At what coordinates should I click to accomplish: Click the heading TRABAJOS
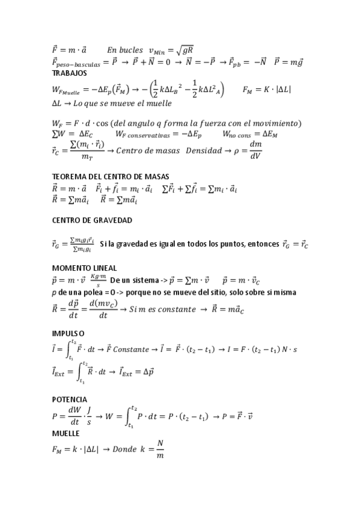[70, 73]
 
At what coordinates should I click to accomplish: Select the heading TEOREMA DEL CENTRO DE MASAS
[111, 177]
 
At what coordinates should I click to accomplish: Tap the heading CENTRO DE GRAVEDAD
[92, 221]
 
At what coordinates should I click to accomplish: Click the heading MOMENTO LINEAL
[84, 267]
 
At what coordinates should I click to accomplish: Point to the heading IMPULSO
[69, 333]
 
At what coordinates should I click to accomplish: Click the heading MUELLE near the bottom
[67, 432]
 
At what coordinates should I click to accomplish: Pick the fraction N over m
[160, 449]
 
